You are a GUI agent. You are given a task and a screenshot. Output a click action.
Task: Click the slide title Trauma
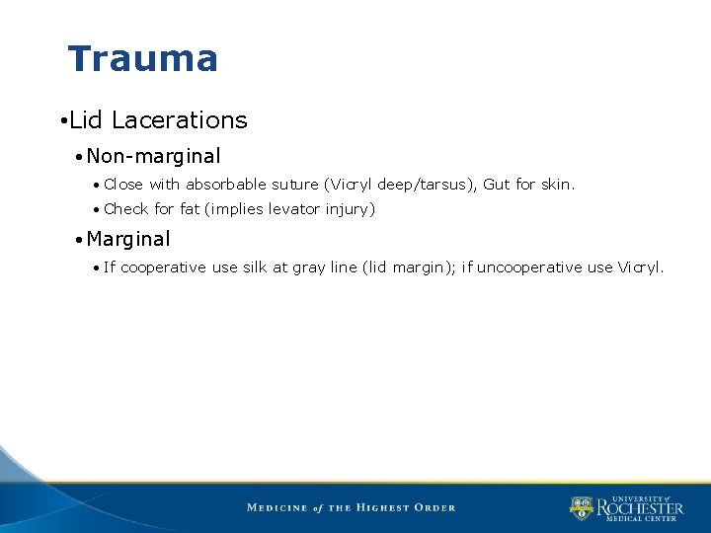coord(142,59)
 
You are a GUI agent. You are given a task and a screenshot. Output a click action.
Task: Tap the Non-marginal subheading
coord(153,156)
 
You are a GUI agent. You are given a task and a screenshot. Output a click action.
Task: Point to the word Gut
coord(496,185)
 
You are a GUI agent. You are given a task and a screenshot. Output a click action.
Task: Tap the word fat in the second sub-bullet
coord(190,209)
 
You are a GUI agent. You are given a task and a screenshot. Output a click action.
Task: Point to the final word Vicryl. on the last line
coord(641,267)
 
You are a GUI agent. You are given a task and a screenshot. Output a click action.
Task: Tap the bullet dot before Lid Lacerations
coord(61,121)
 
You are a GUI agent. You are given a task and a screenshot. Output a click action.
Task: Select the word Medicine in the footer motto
coord(276,507)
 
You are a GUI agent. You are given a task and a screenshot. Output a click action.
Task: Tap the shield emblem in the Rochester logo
coord(581,508)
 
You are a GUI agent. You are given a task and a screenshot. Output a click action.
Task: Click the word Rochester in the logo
coord(640,508)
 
